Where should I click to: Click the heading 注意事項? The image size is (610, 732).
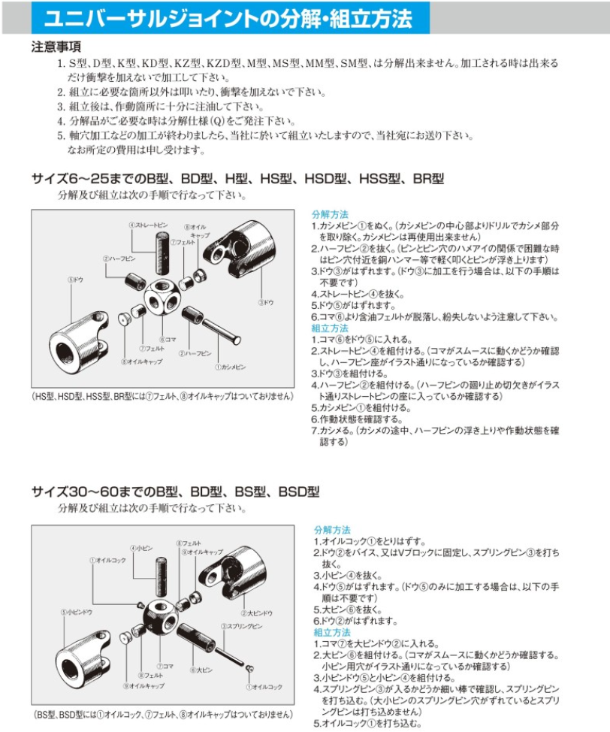pos(56,46)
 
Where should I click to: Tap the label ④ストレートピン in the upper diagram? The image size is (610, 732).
pos(147,225)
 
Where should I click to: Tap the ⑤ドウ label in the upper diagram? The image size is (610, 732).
pos(75,280)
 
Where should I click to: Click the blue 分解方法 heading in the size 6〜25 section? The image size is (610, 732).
pos(330,214)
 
